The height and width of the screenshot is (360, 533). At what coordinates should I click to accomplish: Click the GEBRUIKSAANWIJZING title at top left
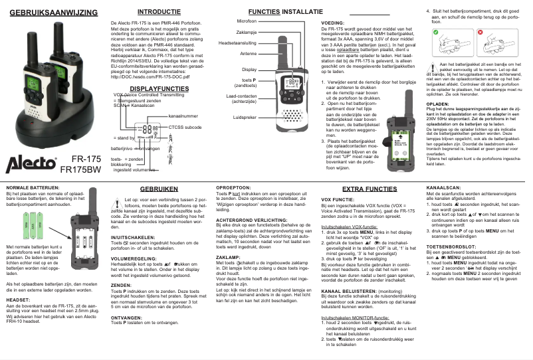pos(49,13)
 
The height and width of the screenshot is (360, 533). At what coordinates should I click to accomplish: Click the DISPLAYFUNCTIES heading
pos(154,88)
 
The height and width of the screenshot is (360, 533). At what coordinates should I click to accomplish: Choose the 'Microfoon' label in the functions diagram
pos(247,22)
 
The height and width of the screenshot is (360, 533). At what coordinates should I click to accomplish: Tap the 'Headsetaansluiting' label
pos(238,43)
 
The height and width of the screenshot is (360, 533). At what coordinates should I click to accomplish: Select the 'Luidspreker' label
pos(245,118)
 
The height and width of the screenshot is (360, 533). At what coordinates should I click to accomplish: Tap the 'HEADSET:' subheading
pos(18,300)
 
